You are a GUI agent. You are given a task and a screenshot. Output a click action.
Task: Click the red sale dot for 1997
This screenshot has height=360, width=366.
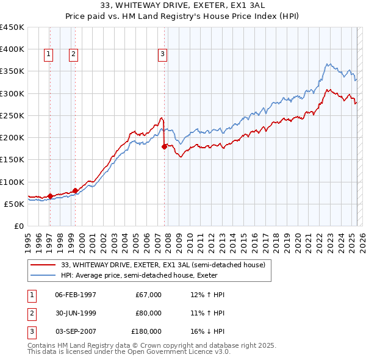pyautogui.click(x=50, y=196)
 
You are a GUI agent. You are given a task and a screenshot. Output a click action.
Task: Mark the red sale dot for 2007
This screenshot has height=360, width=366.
pyautogui.click(x=164, y=146)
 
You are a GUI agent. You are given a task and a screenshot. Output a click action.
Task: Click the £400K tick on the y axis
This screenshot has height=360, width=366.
pyautogui.click(x=12, y=49)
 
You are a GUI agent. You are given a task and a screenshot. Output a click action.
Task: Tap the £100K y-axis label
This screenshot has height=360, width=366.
pyautogui.click(x=12, y=182)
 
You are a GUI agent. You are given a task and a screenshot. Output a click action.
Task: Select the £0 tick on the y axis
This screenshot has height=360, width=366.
pyautogui.click(x=18, y=226)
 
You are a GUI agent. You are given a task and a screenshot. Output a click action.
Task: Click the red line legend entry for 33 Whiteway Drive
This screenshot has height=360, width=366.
pyautogui.click(x=163, y=265)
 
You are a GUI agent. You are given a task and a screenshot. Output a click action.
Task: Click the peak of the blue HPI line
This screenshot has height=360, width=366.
pyautogui.click(x=328, y=63)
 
